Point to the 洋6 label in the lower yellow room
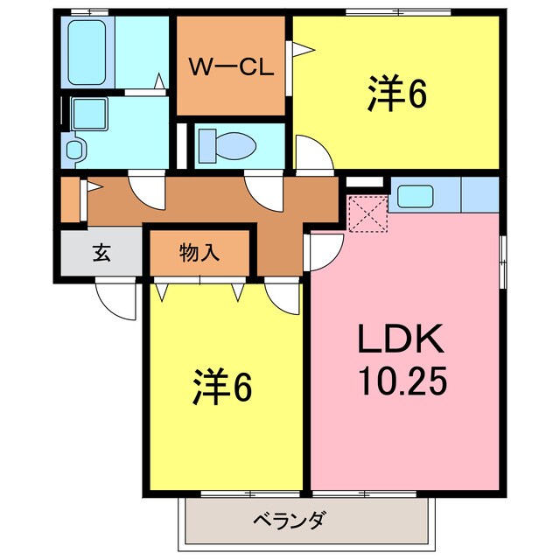(x=222, y=387)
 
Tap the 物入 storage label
(x=200, y=254)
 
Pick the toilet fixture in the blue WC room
(x=219, y=143)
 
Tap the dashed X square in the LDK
(x=367, y=215)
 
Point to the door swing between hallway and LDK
(x=322, y=250)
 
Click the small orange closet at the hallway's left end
(x=70, y=199)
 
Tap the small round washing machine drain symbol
(x=73, y=150)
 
